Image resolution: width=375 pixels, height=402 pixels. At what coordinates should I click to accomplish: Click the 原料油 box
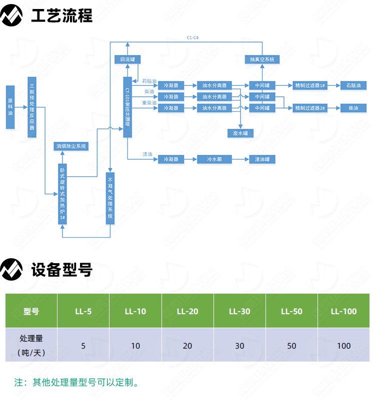(x=10, y=107)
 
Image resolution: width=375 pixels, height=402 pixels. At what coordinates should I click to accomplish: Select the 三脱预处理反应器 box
(x=32, y=107)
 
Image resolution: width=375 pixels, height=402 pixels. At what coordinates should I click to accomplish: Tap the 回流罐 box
(x=127, y=59)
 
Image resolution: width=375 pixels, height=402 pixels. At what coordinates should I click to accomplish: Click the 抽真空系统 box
(x=262, y=59)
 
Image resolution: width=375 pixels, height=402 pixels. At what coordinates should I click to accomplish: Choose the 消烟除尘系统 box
(x=71, y=146)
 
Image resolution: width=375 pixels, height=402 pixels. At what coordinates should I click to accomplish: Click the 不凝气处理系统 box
(x=110, y=198)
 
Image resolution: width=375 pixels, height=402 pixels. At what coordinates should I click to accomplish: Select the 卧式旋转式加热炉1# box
(x=62, y=194)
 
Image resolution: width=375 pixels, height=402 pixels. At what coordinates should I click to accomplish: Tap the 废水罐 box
(x=240, y=133)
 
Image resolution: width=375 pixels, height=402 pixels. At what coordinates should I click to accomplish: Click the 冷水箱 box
(x=215, y=159)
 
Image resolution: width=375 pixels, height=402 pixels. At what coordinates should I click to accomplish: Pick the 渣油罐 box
(x=262, y=159)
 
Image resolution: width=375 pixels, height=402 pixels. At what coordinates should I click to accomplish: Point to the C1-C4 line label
(x=193, y=38)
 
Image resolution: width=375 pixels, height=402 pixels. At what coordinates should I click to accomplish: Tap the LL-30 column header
(x=239, y=311)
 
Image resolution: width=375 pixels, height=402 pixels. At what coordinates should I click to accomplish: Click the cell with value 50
(x=291, y=346)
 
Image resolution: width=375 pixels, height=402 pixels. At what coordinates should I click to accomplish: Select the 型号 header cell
(x=31, y=311)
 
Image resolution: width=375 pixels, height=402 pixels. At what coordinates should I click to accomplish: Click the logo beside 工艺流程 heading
(x=12, y=16)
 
